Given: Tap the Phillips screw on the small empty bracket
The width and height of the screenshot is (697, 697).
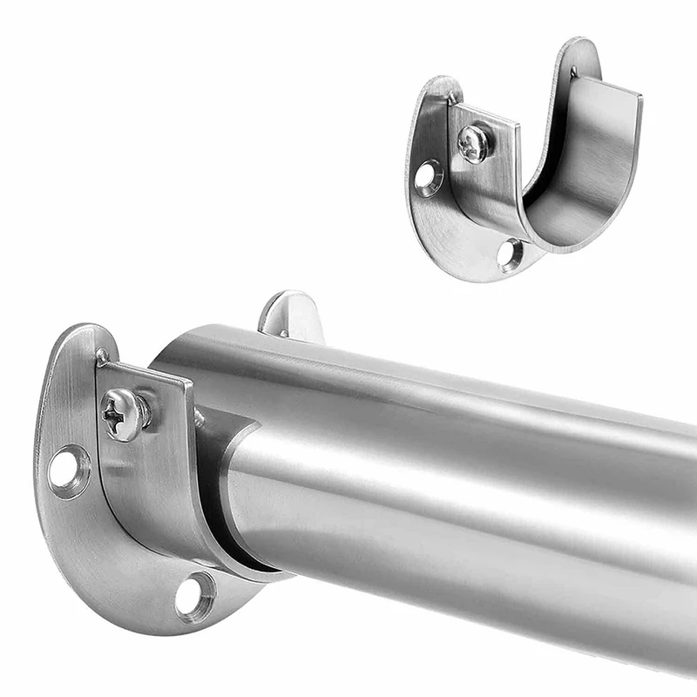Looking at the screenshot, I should coord(473,144).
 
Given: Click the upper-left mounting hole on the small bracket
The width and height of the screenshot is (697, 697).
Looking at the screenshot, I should coord(427,176).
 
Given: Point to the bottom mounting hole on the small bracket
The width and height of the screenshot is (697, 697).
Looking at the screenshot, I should coord(511,254).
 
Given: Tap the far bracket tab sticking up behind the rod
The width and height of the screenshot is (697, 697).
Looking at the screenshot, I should coord(292,314).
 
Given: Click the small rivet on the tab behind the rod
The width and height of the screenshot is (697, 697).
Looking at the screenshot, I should coord(283,332).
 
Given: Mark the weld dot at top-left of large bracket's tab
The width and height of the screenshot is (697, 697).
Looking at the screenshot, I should coord(103,355).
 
